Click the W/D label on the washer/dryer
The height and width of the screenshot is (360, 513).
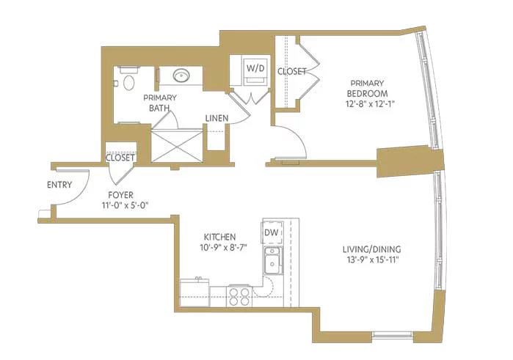coord(255,68)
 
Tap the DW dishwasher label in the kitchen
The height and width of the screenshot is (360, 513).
coord(272,232)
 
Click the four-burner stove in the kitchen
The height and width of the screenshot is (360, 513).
coord(239,296)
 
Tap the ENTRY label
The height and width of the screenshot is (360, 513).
coord(59,185)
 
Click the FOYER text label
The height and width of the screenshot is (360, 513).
coord(120,195)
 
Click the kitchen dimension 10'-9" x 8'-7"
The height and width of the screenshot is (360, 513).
coord(223,248)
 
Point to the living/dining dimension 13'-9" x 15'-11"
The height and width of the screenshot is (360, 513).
coord(371,260)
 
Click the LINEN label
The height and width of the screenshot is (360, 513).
coord(217,118)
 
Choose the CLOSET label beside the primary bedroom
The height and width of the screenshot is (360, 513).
coord(292,71)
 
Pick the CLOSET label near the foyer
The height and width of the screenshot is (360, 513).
coord(120,158)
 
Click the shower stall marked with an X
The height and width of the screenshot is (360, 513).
coord(177,146)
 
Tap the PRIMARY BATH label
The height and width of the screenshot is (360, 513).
coord(160,103)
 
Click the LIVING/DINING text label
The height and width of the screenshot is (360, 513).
coord(371,249)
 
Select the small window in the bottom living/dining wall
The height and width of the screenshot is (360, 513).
coord(393,335)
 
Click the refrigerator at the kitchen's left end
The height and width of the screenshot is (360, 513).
coord(194,293)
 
